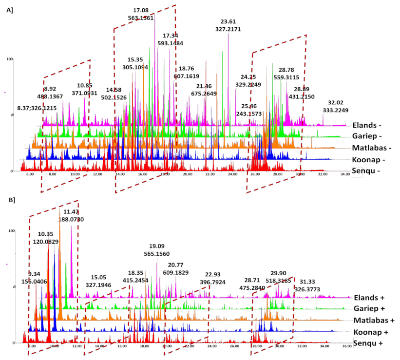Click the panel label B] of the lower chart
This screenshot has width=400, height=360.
9,200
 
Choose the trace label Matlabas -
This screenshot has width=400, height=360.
372,148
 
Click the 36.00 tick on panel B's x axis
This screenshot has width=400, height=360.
347,347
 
